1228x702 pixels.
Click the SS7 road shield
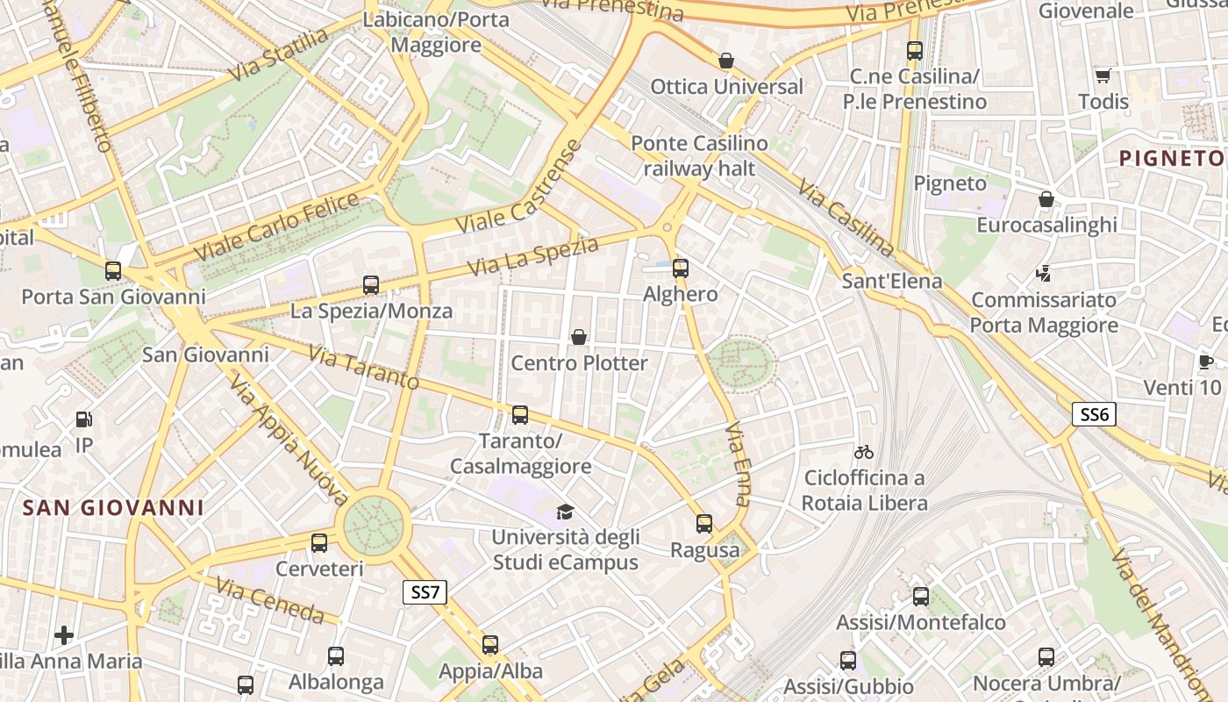425,592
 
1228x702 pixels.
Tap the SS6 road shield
1095,414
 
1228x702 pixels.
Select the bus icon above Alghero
681,269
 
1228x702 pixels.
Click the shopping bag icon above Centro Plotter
579,337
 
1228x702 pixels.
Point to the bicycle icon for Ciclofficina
864,452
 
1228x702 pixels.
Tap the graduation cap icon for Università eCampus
565,512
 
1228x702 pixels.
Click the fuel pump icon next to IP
83,419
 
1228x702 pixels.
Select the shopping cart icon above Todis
1103,75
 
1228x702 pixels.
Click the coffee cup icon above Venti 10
1206,362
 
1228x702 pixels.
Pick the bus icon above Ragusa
704,524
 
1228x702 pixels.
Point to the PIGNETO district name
1172,158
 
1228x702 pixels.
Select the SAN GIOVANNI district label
113,507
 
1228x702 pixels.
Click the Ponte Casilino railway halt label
699,155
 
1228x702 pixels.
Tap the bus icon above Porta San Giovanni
113,270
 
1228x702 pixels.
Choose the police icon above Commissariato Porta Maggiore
1044,274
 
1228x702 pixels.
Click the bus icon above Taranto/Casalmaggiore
520,414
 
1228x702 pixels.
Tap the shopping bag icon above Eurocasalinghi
1046,199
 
